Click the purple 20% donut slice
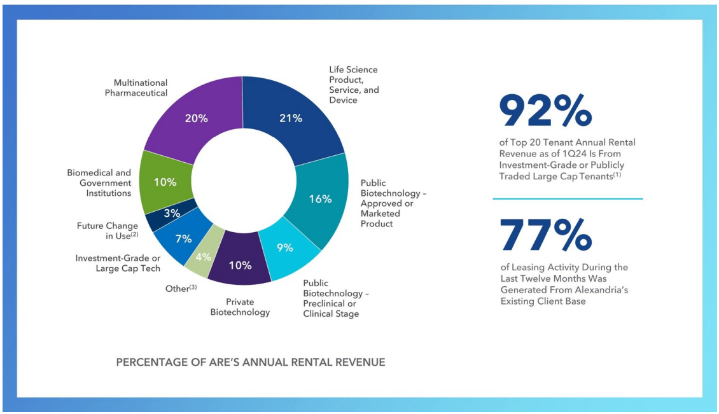click(194, 118)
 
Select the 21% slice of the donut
click(291, 118)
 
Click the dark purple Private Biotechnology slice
click(240, 265)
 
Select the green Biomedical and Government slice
click(164, 182)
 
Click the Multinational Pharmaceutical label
click(136, 88)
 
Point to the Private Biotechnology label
click(240, 307)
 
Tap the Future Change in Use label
click(108, 230)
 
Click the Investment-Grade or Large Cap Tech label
click(118, 263)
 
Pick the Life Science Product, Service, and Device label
click(354, 85)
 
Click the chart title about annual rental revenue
click(251, 362)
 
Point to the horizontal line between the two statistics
click(568, 199)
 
